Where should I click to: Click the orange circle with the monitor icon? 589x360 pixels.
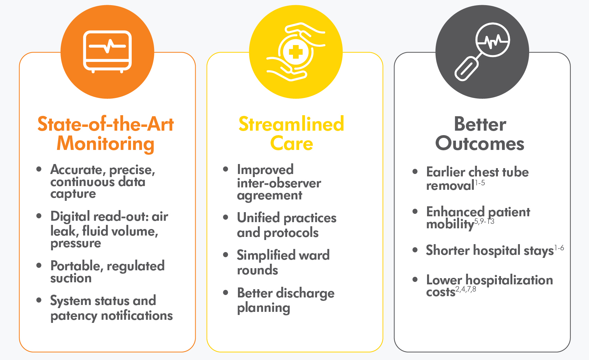[107, 52]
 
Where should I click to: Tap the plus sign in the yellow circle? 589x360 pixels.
[296, 52]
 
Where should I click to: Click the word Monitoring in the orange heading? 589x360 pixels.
[106, 144]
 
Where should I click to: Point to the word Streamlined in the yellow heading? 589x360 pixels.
[291, 124]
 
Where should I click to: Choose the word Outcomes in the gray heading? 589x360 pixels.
[480, 144]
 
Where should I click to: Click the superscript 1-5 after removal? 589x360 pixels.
[480, 183]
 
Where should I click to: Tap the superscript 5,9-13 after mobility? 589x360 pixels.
[484, 221]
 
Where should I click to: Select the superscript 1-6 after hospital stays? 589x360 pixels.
[559, 248]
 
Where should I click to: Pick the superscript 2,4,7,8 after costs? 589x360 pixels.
[466, 289]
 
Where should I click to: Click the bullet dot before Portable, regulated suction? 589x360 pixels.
[39, 265]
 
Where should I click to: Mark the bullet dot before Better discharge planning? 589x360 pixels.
[226, 292]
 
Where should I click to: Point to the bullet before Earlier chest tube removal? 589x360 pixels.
[415, 172]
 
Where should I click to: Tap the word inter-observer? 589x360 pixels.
[279, 183]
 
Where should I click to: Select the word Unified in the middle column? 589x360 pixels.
[258, 218]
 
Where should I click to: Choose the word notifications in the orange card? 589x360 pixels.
[137, 315]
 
